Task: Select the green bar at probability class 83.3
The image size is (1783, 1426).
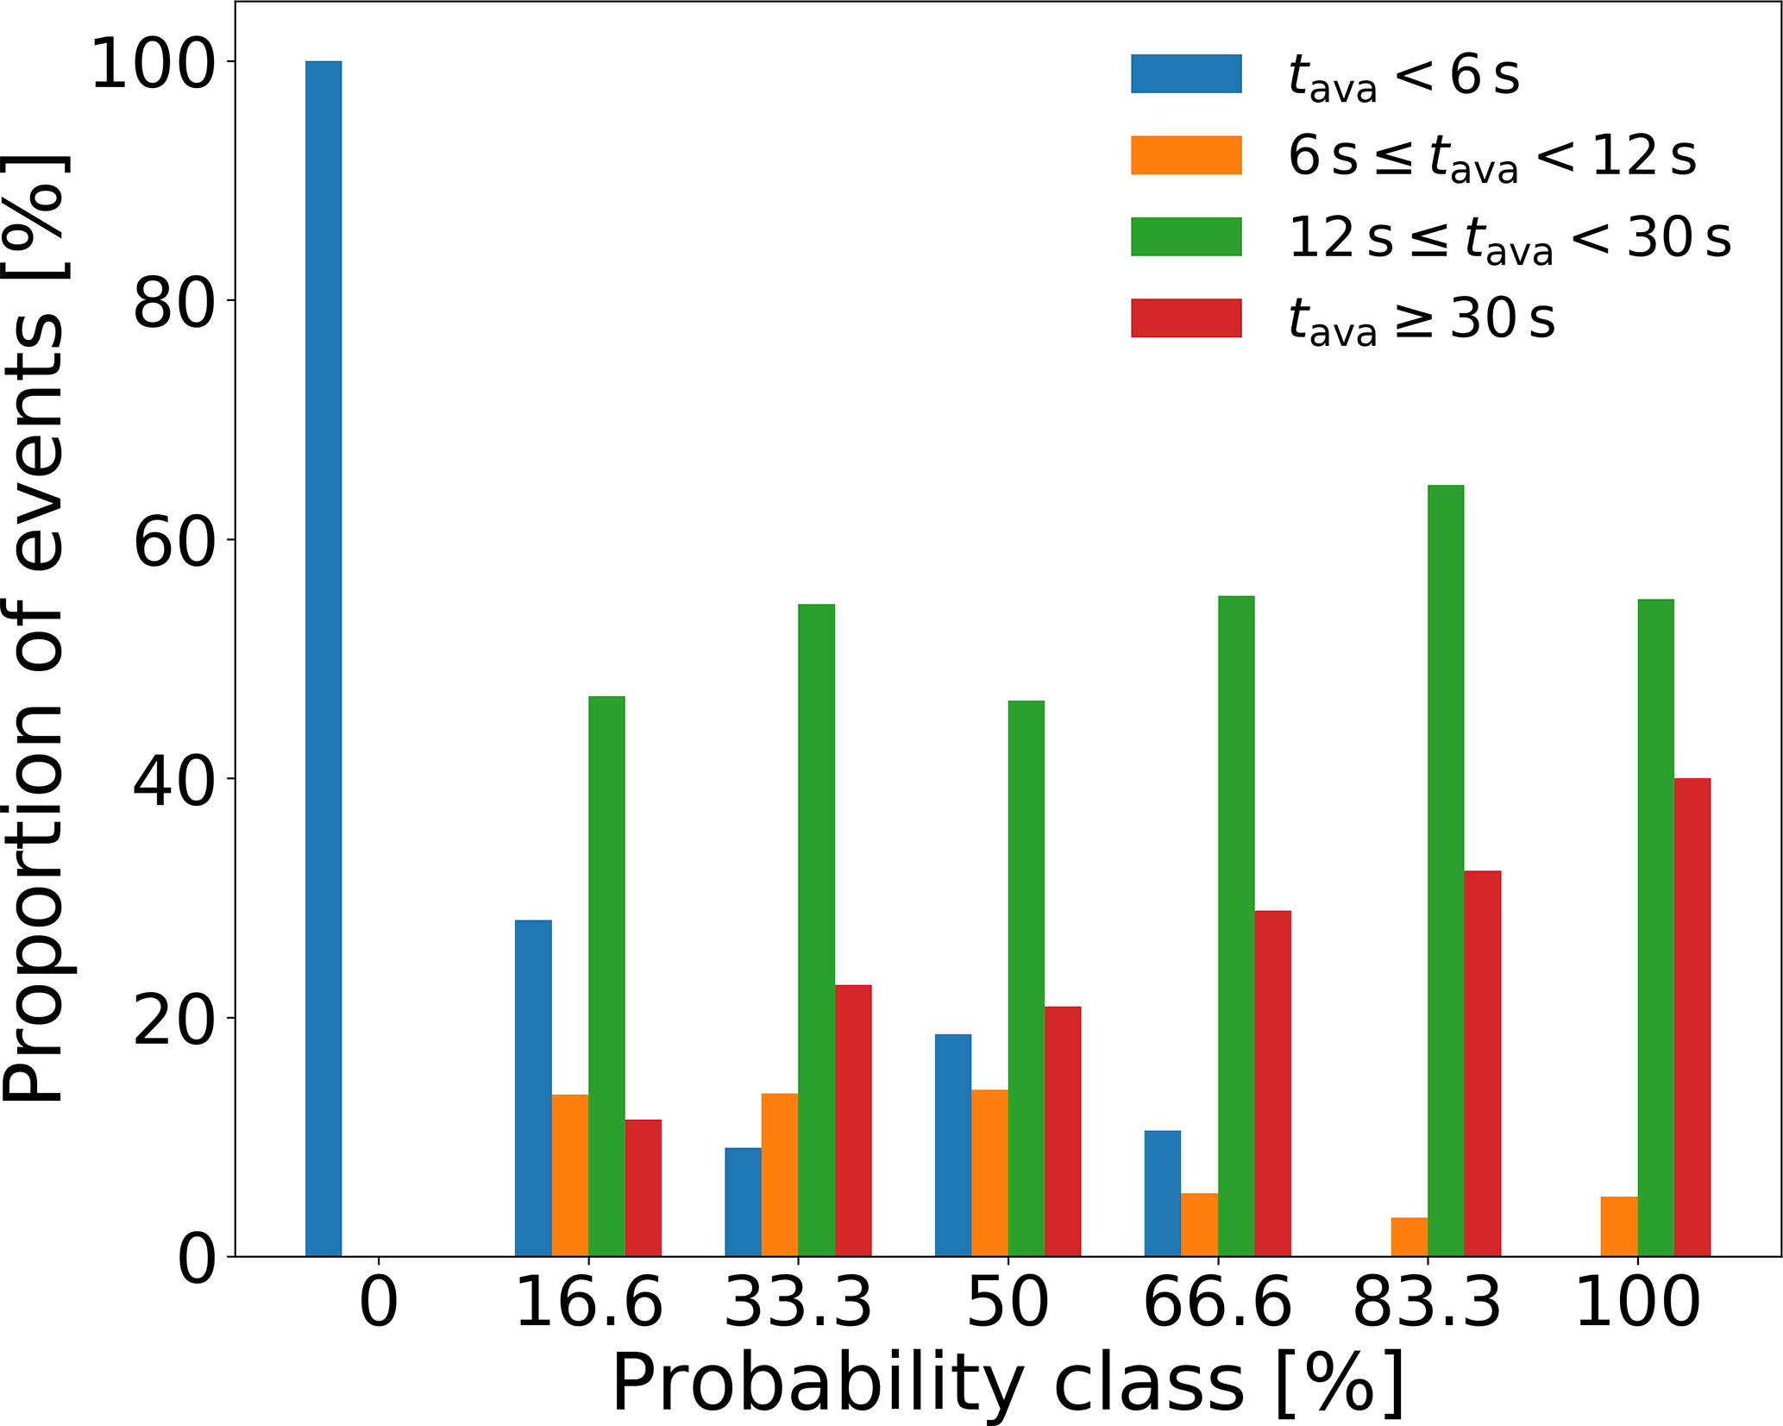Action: (1446, 870)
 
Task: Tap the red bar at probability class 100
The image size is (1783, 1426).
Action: (1692, 1017)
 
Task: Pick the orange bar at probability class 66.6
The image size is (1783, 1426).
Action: (1199, 1224)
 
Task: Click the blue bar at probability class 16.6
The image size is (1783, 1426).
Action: (533, 1088)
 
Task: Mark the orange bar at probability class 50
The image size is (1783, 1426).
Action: (989, 1172)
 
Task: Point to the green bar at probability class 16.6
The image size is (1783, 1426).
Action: (606, 976)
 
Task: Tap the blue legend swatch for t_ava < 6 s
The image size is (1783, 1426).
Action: (1186, 74)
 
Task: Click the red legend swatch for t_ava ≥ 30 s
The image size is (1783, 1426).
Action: (1186, 318)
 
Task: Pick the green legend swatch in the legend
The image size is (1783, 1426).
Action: (1186, 236)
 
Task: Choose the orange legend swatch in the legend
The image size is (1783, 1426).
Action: (1186, 155)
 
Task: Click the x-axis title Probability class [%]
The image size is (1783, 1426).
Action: (1008, 1383)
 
